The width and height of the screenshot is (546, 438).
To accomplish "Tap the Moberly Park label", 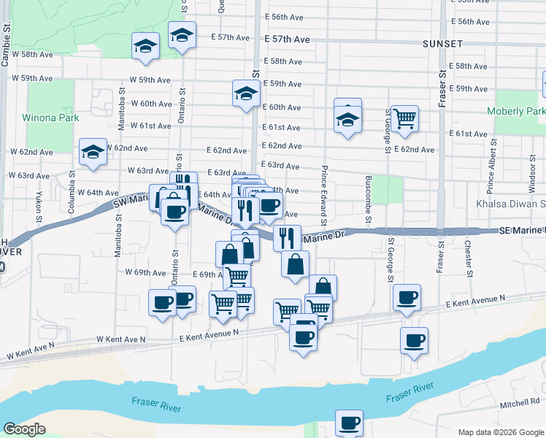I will coord(519,111).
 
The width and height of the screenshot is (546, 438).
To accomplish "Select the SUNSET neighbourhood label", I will coord(442,44).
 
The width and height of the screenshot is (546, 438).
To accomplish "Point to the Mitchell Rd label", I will coord(520,402).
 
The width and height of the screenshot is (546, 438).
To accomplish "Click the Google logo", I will coord(24,429).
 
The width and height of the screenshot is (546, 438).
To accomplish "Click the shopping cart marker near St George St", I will coord(404,118).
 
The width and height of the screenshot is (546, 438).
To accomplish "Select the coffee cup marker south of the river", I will coord(349,422).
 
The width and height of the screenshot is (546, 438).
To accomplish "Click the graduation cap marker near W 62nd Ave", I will coord(93,152).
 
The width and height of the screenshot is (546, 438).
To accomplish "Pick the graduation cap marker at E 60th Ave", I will coord(247,93).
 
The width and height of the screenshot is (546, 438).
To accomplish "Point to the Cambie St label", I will coord(6,45).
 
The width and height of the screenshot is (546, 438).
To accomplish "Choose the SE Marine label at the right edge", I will coord(523,231).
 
